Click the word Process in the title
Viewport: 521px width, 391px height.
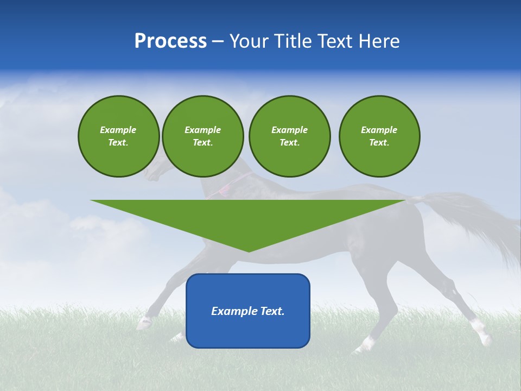(170, 41)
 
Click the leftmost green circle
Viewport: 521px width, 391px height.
(118, 136)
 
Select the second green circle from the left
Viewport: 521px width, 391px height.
(202, 136)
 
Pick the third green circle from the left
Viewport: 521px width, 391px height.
(289, 136)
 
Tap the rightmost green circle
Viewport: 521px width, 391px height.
(379, 136)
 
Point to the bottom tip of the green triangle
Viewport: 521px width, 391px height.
(249, 251)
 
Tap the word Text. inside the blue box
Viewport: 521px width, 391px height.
(272, 311)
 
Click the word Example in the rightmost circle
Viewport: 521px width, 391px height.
(379, 130)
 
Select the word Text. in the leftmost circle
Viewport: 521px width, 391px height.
(118, 143)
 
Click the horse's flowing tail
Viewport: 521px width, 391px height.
(478, 217)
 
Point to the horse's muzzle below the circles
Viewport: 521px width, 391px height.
(149, 174)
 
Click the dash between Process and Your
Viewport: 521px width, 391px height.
(218, 41)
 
